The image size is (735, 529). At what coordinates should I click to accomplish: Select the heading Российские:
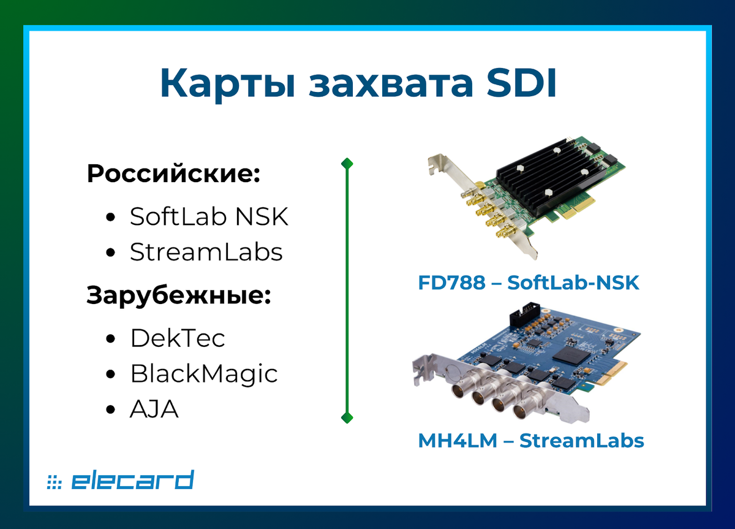(174, 174)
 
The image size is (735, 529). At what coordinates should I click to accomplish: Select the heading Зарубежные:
(179, 295)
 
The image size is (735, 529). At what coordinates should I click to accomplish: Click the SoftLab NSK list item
(209, 217)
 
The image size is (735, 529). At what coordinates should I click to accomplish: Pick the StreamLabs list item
(206, 252)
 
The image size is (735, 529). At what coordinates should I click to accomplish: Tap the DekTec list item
(178, 338)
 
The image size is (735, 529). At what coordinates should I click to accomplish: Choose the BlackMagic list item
(204, 373)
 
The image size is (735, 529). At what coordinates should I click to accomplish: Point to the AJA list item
(154, 409)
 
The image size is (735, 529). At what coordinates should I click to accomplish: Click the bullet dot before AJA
(111, 409)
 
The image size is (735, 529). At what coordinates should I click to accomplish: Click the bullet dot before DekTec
(111, 338)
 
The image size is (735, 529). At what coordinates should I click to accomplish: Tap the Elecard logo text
(132, 481)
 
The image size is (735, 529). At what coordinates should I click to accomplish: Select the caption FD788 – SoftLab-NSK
(529, 283)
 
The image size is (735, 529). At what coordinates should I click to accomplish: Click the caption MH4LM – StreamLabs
(531, 440)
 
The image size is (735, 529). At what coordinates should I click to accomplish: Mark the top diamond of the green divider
(347, 163)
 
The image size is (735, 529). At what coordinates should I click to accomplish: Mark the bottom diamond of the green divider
(347, 418)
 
